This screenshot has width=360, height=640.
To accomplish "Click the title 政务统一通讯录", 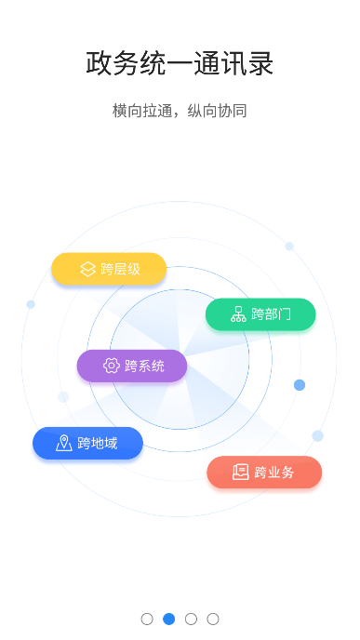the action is tap(180, 64).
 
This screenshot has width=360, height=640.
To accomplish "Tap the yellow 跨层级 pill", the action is tap(109, 269).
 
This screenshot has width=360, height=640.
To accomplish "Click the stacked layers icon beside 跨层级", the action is tap(87, 269).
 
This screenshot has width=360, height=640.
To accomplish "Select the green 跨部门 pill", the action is tap(260, 314).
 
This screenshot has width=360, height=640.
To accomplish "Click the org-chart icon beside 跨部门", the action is tap(238, 314).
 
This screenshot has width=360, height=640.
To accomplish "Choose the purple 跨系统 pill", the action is tap(132, 366).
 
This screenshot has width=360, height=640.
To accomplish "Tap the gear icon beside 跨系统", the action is tap(111, 366).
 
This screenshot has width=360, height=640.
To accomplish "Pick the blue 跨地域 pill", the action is tap(87, 443).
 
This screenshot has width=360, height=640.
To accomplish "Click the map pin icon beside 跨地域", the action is tap(63, 443).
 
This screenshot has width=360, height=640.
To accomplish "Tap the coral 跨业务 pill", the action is tap(264, 472).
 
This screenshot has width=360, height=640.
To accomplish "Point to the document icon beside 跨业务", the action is tap(241, 472).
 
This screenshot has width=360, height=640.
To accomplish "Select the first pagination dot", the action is tap(147, 619).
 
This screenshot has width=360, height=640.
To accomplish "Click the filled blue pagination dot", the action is tap(169, 619).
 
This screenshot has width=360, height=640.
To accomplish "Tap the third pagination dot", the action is tap(191, 619).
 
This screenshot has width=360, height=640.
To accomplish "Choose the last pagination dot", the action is tap(213, 619).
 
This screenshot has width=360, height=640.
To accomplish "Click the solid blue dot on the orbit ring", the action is tap(300, 385).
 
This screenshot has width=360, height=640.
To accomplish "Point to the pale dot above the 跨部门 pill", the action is tap(289, 247).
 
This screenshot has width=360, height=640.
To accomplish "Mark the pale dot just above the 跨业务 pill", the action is tap(318, 435).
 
